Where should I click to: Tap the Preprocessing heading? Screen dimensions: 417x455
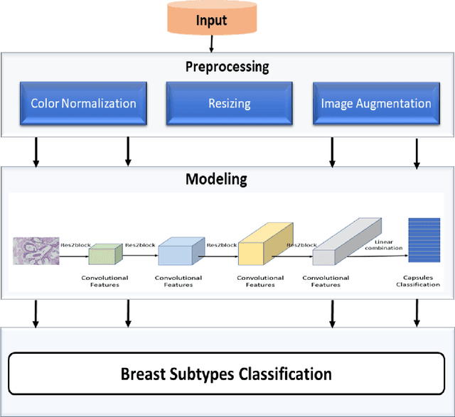click(227, 67)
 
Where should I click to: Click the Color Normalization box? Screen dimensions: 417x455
click(83, 103)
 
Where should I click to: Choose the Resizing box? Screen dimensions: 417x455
click(229, 103)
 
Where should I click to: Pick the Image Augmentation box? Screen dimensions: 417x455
click(375, 103)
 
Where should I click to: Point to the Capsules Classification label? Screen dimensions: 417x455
click(417, 281)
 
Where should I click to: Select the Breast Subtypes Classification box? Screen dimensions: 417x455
click(226, 373)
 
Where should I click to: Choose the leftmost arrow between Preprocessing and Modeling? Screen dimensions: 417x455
click(36, 152)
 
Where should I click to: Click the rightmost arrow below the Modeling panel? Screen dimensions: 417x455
click(416, 313)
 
